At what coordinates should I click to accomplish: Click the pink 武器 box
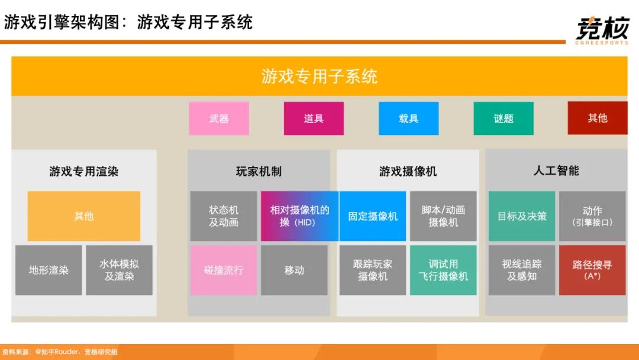(219, 118)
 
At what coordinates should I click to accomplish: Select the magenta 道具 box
(314, 118)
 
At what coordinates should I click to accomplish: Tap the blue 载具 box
(409, 118)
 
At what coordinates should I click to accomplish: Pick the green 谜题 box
(504, 118)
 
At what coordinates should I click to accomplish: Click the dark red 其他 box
(598, 118)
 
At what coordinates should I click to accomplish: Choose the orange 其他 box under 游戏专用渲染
(84, 216)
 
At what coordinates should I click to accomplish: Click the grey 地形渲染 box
(49, 270)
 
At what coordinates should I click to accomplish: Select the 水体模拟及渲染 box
(119, 270)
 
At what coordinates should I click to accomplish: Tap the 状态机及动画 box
(224, 216)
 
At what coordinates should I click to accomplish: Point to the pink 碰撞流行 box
(224, 270)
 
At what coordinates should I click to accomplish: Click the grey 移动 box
(294, 270)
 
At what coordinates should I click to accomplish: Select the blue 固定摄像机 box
(373, 216)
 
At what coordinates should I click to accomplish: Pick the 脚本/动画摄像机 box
(443, 216)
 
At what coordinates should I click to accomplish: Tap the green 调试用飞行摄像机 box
(443, 270)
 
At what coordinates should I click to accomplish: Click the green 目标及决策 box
(522, 216)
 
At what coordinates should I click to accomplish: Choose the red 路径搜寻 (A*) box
(592, 270)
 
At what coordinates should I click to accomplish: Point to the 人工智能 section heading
(556, 171)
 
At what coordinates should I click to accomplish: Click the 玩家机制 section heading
(259, 171)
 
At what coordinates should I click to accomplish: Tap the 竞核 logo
(602, 30)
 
